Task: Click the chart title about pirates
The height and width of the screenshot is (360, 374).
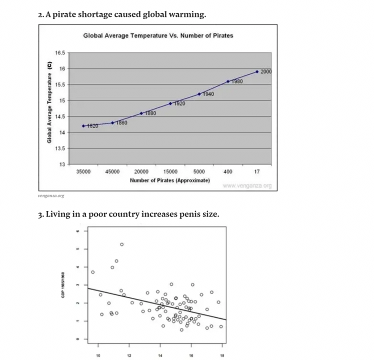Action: (x=158, y=35)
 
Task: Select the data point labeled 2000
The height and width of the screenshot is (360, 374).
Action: (x=257, y=71)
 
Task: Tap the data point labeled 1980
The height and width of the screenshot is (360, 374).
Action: (x=228, y=81)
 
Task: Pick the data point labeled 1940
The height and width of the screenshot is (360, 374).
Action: (x=199, y=94)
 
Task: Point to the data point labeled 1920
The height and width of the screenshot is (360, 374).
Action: (x=170, y=103)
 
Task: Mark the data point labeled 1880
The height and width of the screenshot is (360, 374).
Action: (x=141, y=113)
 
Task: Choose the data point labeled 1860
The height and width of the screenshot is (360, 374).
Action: (x=112, y=122)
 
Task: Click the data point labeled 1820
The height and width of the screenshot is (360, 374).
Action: (x=83, y=126)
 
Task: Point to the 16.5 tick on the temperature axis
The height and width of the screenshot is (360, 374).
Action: (x=60, y=52)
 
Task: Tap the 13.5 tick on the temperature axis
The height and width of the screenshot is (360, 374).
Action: (x=60, y=148)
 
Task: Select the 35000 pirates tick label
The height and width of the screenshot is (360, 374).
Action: (x=83, y=171)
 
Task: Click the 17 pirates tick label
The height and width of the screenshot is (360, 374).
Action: (x=257, y=171)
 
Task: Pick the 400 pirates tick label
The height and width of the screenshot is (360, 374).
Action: (x=228, y=171)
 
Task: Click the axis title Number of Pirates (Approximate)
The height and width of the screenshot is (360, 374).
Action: (x=169, y=180)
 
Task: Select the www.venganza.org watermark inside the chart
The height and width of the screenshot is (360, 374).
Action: (x=247, y=186)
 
